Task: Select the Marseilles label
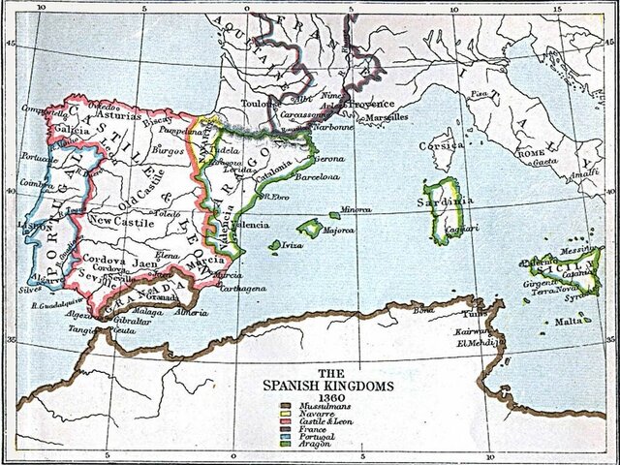tap(382, 117)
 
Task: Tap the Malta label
tap(570, 320)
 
